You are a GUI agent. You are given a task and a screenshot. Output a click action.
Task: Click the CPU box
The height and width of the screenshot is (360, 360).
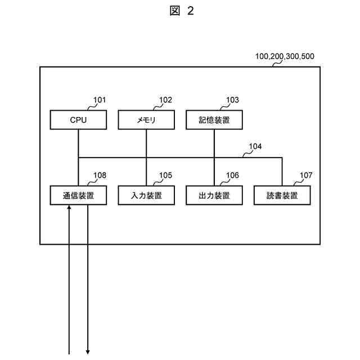[78, 120]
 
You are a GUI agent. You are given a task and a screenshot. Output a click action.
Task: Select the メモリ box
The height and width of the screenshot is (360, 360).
[146, 120]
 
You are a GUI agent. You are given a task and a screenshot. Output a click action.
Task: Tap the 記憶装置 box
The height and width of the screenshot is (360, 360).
[214, 120]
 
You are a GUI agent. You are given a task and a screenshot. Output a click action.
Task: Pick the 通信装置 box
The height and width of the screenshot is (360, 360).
[78, 195]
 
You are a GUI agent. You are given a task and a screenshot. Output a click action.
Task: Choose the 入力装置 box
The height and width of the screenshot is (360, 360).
[146, 195]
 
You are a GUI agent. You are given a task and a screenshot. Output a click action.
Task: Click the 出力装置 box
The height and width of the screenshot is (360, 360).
[214, 195]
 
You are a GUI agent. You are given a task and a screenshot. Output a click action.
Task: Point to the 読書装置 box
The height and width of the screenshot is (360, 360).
[282, 195]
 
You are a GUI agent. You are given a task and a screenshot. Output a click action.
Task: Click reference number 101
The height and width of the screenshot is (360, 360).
[100, 100]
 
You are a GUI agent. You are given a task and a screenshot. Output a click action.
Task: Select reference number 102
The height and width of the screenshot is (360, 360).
[165, 100]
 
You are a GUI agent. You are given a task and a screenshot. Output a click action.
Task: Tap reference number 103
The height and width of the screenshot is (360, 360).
[232, 100]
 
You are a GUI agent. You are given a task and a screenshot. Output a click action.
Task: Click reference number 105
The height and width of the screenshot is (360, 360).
[165, 175]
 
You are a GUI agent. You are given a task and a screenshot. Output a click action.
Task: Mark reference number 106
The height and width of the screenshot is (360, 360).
[232, 175]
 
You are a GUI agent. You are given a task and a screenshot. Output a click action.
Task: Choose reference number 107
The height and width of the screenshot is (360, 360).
[306, 175]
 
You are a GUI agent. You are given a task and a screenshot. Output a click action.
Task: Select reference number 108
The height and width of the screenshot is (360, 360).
[100, 175]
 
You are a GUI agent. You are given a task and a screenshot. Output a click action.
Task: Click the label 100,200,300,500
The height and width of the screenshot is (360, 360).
[285, 57]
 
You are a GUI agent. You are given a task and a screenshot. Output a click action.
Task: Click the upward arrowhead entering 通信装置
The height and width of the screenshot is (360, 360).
[69, 208]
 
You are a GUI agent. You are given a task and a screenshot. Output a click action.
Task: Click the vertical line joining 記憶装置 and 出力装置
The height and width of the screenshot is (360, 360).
[214, 157]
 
